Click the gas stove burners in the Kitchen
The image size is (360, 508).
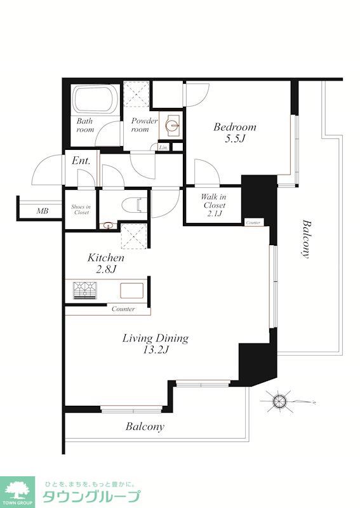pyautogui.click(x=85, y=290)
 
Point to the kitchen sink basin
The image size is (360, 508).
pyautogui.click(x=132, y=291)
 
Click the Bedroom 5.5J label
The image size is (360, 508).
pyautogui.click(x=234, y=132)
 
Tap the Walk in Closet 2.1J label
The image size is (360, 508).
pyautogui.click(x=214, y=205)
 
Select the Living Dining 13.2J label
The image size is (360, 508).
pyautogui.click(x=155, y=344)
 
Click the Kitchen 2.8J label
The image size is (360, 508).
pyautogui.click(x=106, y=264)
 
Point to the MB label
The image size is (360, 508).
pyautogui.click(x=43, y=211)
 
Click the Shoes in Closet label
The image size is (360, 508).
pyautogui.click(x=81, y=210)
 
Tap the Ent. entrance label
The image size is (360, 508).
pyautogui.click(x=81, y=161)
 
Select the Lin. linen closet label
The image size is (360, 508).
pyautogui.click(x=164, y=147)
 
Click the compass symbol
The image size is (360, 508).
pyautogui.click(x=279, y=401)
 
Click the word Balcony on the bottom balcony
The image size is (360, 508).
pyautogui.click(x=145, y=427)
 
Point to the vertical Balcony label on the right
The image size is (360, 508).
pyautogui.click(x=305, y=239)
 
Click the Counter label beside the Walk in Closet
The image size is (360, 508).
pyautogui.click(x=253, y=223)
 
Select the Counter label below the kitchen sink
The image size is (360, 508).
pyautogui.click(x=123, y=309)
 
